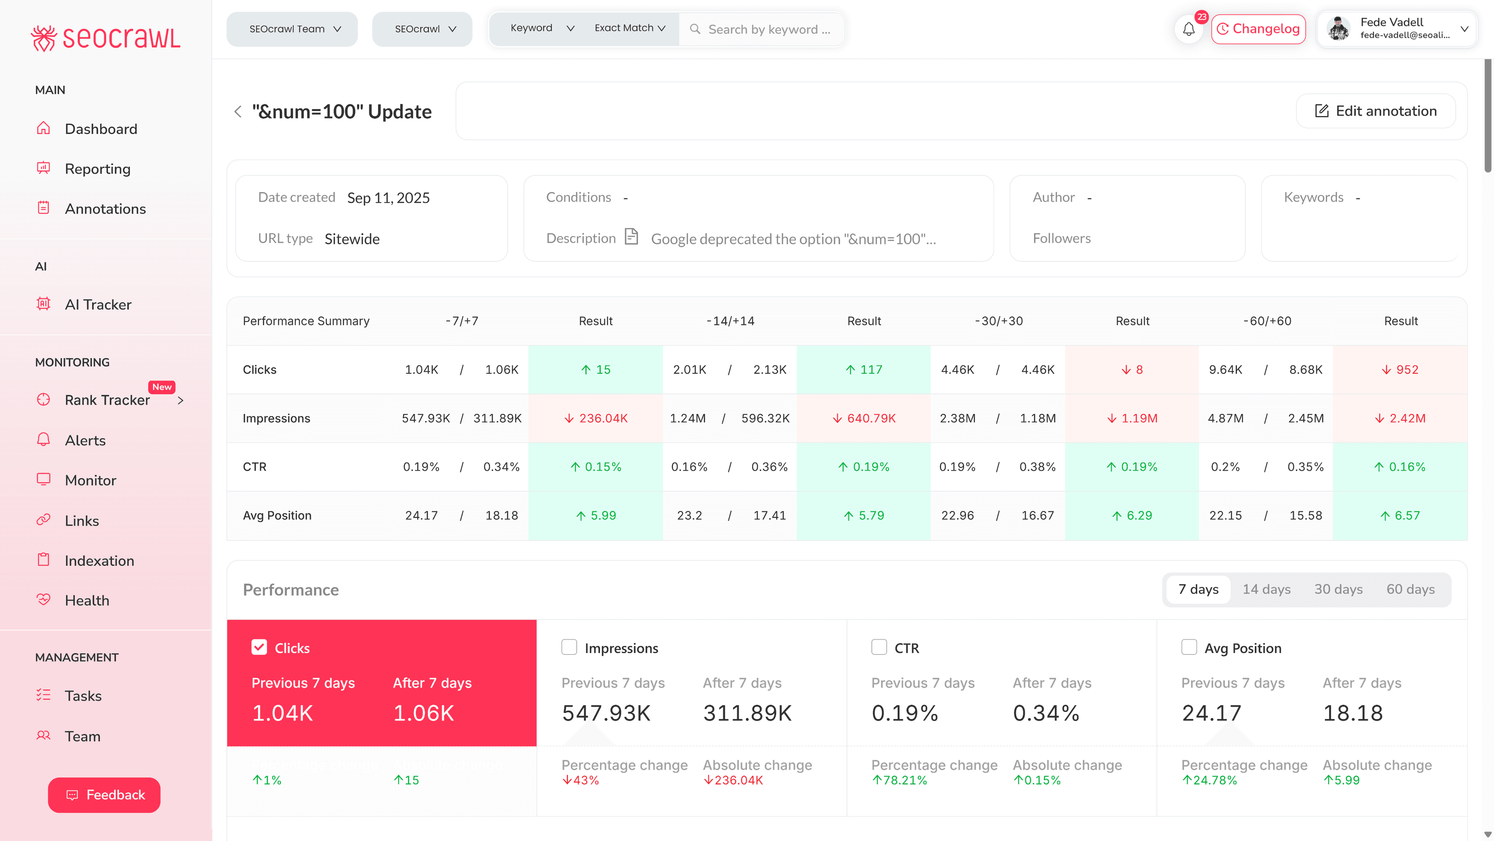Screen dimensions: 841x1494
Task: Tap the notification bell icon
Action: tap(1188, 29)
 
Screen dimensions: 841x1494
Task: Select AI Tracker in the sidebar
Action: tap(98, 305)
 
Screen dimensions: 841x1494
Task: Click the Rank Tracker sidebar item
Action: tap(107, 400)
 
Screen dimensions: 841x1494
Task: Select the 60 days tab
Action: tap(1410, 589)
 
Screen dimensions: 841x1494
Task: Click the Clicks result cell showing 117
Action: tap(864, 370)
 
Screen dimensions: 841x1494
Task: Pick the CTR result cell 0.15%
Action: tap(596, 467)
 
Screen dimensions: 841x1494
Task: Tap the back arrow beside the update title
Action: tap(238, 111)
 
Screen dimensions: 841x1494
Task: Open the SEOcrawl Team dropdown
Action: tap(292, 29)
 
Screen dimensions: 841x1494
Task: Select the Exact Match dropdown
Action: tap(629, 28)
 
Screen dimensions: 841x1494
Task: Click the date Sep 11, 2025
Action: tap(388, 198)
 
